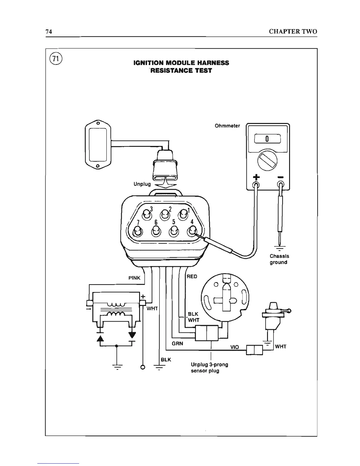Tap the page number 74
point(49,32)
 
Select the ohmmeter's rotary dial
point(267,161)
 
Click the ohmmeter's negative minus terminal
point(281,185)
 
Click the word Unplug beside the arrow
point(142,184)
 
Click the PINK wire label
point(134,278)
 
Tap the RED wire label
point(192,277)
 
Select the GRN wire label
point(177,344)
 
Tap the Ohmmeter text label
point(227,126)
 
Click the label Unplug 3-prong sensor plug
point(209,368)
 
